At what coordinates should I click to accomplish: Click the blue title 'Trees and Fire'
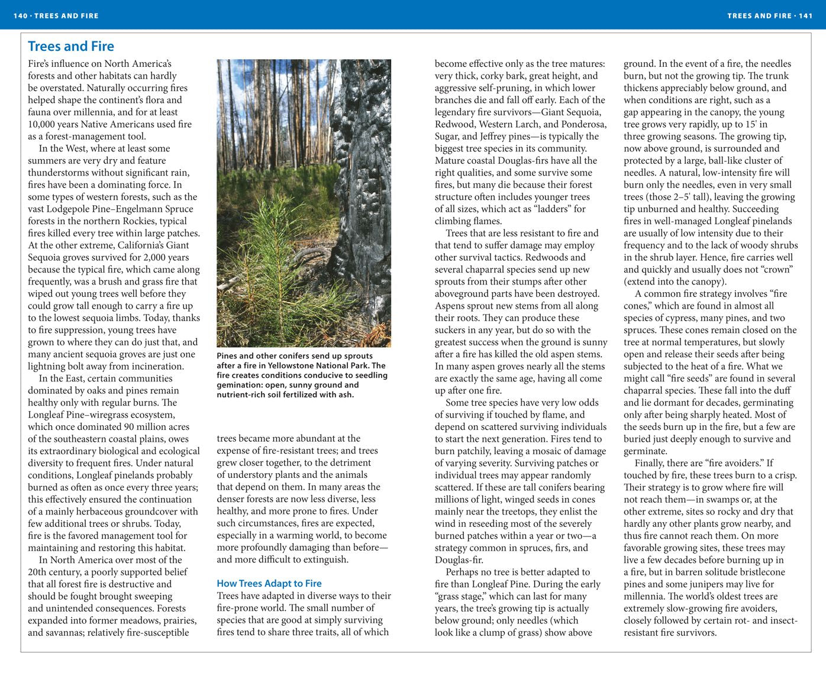point(71,46)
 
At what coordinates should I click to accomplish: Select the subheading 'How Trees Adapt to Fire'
point(269,583)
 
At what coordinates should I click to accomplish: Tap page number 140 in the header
point(21,15)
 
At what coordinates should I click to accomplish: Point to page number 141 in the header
point(805,15)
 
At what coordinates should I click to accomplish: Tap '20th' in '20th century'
point(38,572)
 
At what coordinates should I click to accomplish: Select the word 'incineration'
point(156,366)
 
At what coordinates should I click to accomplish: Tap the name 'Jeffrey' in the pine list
point(478,136)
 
